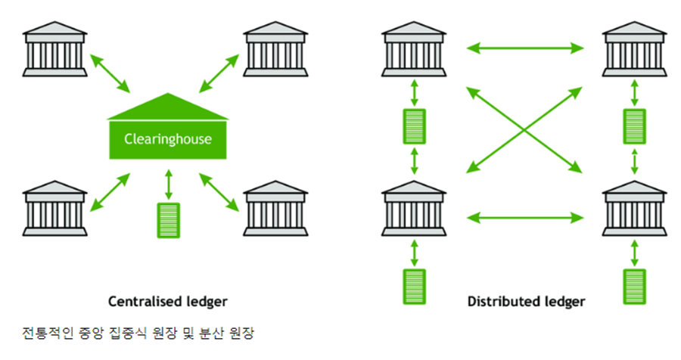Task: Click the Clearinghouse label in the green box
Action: click(168, 139)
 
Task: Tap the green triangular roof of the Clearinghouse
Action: click(168, 108)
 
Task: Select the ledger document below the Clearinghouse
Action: click(168, 220)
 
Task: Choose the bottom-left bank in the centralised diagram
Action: click(55, 207)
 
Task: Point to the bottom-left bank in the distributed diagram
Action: click(414, 207)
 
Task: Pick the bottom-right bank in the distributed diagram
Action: click(634, 207)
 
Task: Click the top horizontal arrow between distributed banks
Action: click(525, 49)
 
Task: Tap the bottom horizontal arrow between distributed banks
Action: click(525, 219)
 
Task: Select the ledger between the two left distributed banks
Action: click(414, 126)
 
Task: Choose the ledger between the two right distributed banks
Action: click(634, 126)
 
